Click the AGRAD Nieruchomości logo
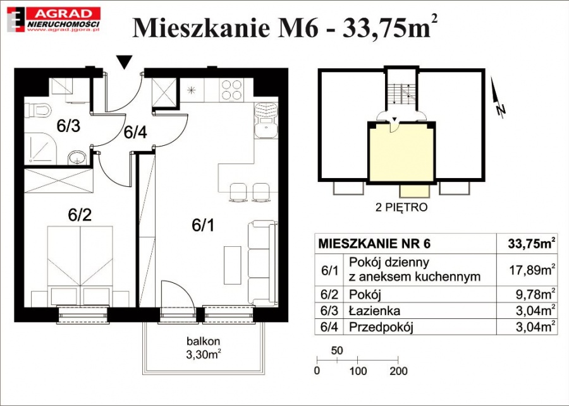point(54,20)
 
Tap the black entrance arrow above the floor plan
point(125,62)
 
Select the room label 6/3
point(68,126)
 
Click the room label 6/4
point(135,133)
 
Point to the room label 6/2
point(80,215)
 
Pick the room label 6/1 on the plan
point(203,225)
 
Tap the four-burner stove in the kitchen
point(232,90)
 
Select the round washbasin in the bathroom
point(77,158)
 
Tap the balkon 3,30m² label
point(204,348)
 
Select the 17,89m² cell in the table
point(533,270)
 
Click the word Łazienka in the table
point(374,311)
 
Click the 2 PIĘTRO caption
point(401,208)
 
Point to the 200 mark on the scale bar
point(398,371)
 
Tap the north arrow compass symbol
point(497,97)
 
